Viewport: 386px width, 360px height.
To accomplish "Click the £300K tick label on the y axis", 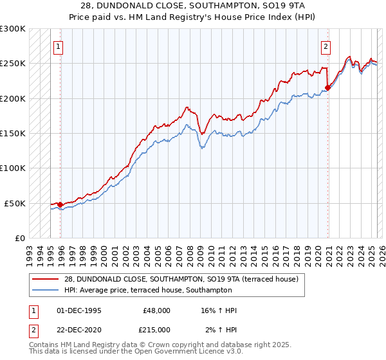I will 13,29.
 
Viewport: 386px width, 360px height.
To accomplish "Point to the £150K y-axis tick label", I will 13,133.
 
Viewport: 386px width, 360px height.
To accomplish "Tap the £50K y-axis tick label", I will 15,203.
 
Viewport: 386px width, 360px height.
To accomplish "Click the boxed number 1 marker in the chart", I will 59,46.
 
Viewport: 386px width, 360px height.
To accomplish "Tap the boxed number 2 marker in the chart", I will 326,46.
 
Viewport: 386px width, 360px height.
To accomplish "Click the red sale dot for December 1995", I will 60,204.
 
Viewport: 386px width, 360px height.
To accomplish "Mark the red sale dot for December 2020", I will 327,88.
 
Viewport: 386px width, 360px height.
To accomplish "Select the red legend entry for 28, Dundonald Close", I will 181,279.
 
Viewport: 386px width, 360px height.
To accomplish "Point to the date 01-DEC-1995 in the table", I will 80,310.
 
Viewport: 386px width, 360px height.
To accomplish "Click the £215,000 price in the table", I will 156,329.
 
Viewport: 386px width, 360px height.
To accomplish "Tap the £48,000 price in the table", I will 156,310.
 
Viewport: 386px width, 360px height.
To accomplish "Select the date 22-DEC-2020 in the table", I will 80,329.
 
